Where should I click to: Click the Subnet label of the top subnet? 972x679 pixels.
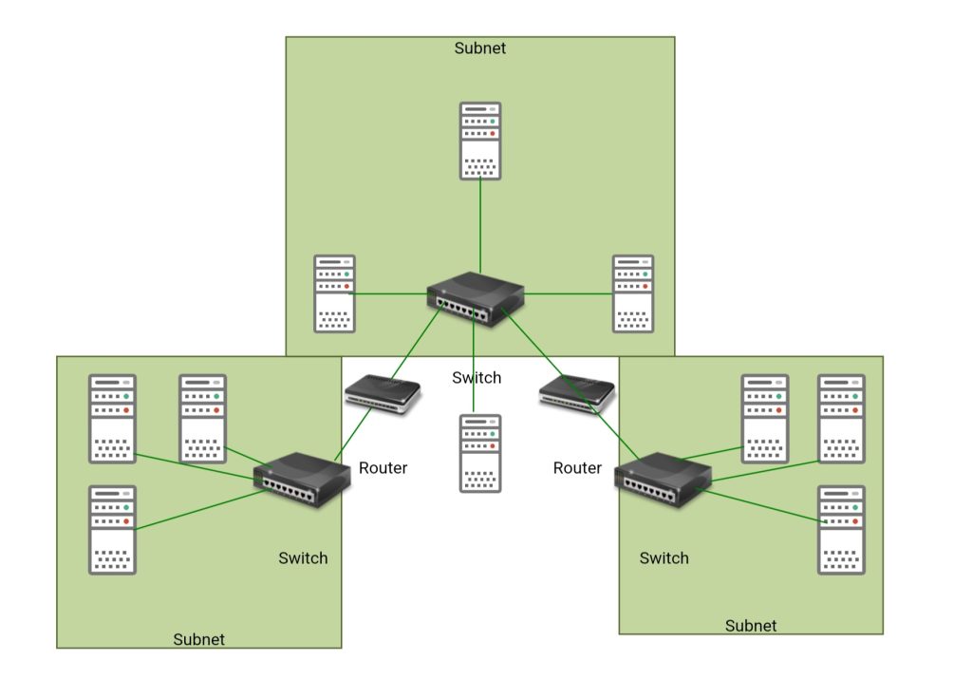click(480, 47)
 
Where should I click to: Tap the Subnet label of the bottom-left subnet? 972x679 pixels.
click(199, 639)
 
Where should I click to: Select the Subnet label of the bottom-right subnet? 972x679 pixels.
click(751, 626)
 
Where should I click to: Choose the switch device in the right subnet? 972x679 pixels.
click(663, 481)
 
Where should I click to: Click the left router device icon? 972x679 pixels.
click(382, 394)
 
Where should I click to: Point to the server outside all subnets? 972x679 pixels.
click(480, 453)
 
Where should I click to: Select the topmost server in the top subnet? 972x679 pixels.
click(480, 141)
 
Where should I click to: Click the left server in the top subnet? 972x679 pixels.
click(335, 293)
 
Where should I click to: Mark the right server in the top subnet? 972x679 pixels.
click(633, 293)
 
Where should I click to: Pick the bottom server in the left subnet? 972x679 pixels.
click(112, 530)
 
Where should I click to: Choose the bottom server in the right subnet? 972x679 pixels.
click(842, 530)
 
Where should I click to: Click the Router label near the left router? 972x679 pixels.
click(383, 467)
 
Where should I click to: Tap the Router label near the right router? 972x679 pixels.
click(577, 467)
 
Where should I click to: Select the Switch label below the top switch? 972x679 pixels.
click(477, 377)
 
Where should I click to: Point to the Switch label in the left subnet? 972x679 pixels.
click(303, 557)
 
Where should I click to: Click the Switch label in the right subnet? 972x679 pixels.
click(664, 557)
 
